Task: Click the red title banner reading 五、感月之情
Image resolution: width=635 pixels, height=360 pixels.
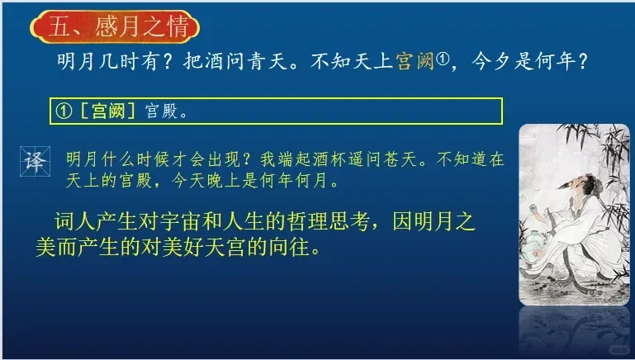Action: [115, 26]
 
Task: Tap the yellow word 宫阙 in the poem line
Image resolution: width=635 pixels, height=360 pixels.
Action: [415, 61]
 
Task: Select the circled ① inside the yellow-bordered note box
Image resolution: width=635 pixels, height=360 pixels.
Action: [64, 111]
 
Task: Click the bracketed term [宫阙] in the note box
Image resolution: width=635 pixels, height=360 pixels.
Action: [108, 111]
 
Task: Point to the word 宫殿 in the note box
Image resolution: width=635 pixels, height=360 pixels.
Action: [162, 111]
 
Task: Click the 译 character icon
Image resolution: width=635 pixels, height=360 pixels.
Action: [36, 161]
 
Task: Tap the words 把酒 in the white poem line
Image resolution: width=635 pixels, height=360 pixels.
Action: [205, 62]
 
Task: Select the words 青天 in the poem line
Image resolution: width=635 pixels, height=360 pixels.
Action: [268, 62]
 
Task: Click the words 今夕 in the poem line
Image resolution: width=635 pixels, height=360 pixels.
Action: [491, 62]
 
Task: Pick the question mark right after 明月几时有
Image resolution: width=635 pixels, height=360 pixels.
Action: [169, 62]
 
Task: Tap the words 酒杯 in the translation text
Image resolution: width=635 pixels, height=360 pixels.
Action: [321, 159]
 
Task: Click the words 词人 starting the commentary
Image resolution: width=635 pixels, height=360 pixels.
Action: [75, 221]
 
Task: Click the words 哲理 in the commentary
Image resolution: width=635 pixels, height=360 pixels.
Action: [307, 221]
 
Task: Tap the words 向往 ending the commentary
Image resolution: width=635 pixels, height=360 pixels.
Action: [289, 247]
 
